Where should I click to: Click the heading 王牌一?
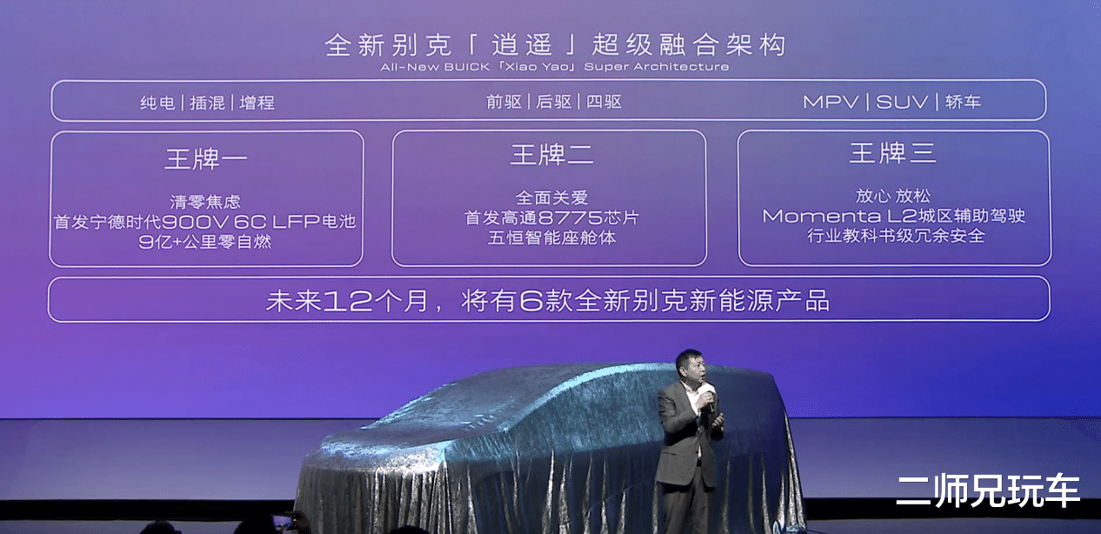206,159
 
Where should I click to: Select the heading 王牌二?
551,155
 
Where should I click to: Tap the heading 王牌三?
892,152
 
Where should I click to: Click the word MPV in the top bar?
831,102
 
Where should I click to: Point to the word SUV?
902,102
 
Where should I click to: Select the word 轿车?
963,102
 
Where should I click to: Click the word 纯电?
157,103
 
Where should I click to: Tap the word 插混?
208,103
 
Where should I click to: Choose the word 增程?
257,103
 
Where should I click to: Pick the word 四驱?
604,102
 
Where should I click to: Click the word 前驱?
504,102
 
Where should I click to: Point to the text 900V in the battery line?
195,222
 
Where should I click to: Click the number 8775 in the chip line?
571,217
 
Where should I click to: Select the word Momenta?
822,216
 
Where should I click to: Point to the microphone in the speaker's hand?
710,398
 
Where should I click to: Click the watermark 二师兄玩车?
987,491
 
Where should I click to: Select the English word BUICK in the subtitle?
466,67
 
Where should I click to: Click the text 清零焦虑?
205,202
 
